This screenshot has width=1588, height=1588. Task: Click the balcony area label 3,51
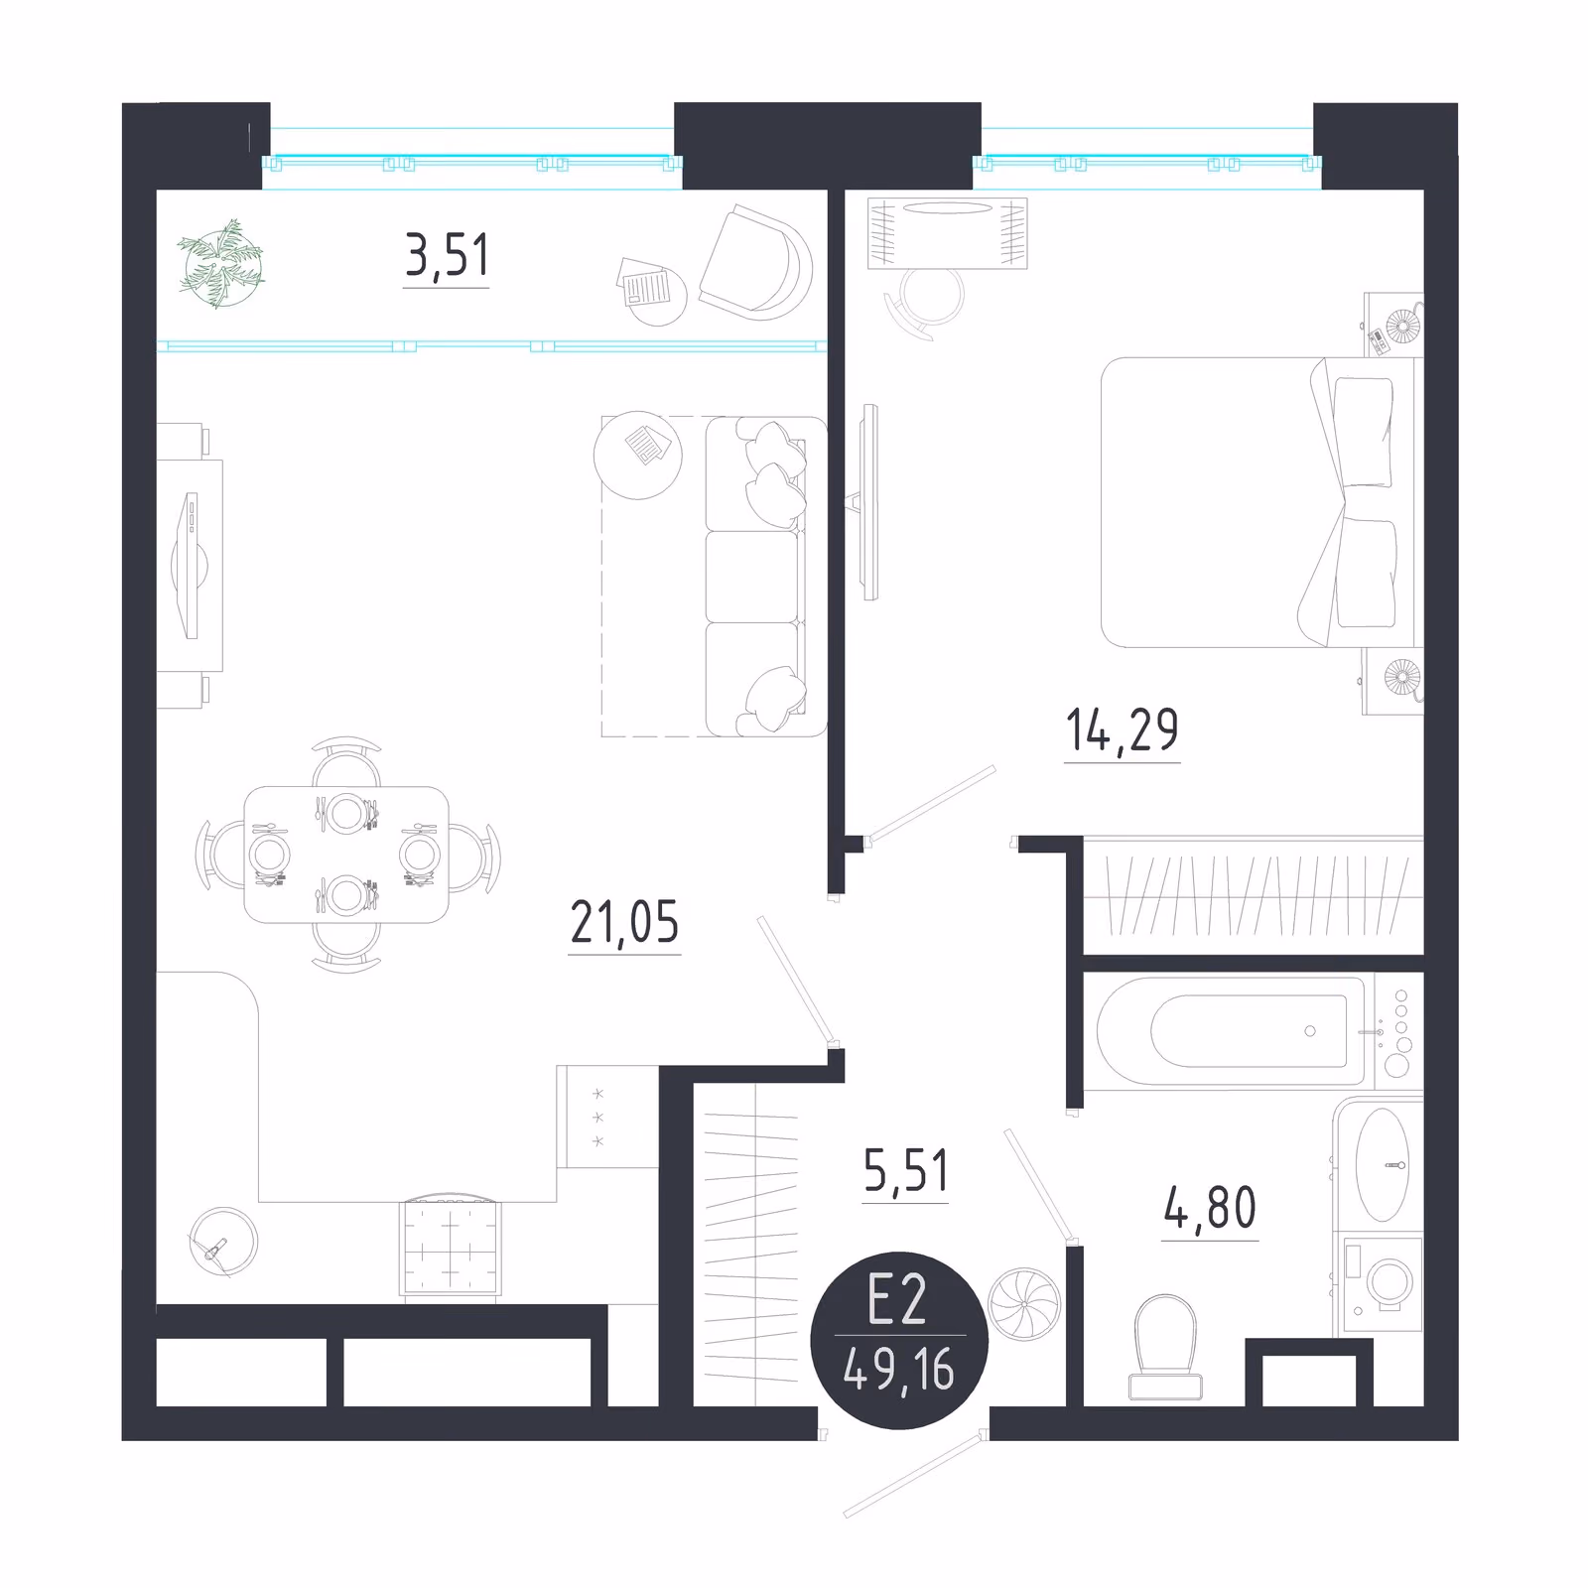[x=447, y=255]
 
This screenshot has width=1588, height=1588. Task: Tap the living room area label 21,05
[x=624, y=922]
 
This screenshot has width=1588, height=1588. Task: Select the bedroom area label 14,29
[x=1122, y=730]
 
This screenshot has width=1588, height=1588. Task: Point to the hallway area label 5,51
[x=905, y=1171]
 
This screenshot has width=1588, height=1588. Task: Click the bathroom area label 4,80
[x=1210, y=1208]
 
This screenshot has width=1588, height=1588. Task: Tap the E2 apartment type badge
[x=899, y=1340]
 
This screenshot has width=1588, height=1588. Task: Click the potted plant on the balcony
[x=222, y=264]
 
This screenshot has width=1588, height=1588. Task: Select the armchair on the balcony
[x=755, y=263]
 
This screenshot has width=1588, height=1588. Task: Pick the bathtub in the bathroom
[x=1231, y=1031]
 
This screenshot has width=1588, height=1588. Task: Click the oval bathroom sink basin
[x=1383, y=1164]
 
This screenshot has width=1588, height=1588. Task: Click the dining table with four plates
[x=346, y=855]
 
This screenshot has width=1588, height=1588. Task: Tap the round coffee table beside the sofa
[x=638, y=456]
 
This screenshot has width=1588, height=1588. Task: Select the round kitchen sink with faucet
[x=223, y=1241]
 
